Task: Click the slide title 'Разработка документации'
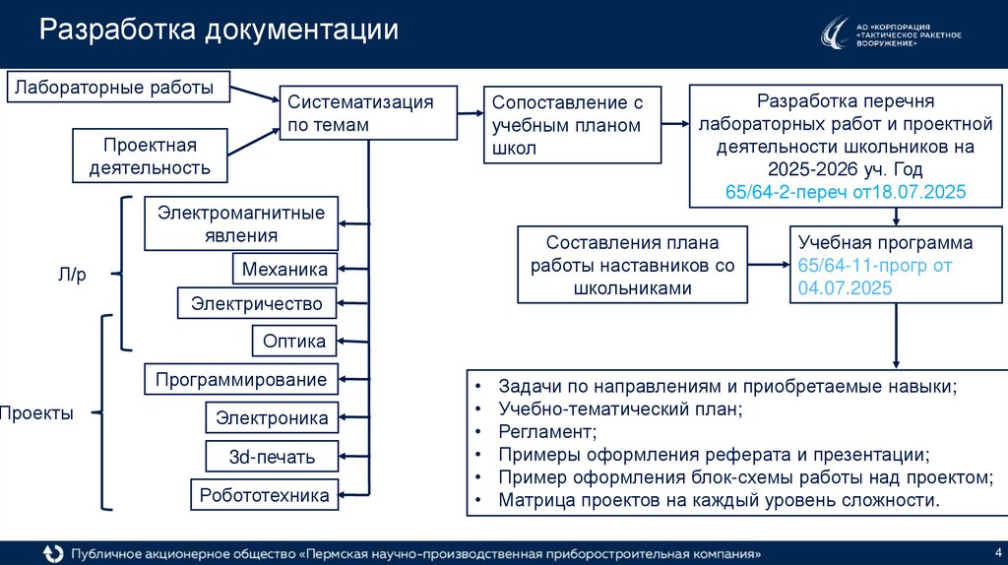click(219, 30)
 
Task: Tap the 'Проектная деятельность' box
click(150, 156)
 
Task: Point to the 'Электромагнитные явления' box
click(241, 223)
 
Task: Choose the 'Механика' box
click(284, 269)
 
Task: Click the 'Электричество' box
click(257, 303)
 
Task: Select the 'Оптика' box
click(294, 341)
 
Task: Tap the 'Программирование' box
click(241, 380)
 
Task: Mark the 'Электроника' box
click(272, 418)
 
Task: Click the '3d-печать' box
click(272, 456)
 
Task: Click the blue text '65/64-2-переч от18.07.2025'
click(845, 191)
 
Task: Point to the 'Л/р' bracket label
click(72, 276)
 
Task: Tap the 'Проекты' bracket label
click(36, 413)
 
